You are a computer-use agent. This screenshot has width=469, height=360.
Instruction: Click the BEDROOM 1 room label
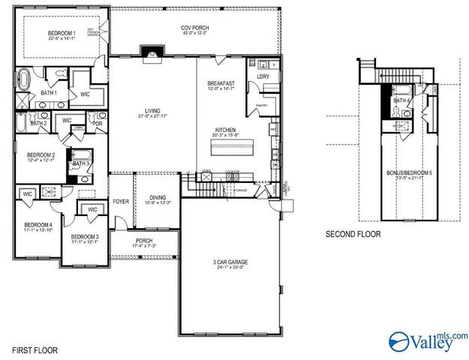click(62, 33)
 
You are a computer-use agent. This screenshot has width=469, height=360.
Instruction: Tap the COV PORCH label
click(192, 28)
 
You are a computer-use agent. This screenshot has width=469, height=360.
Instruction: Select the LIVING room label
click(151, 112)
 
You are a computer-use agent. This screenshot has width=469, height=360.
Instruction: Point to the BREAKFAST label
click(222, 83)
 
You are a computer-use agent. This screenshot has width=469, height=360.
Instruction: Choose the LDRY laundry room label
click(263, 76)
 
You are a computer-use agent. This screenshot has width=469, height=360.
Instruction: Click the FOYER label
click(121, 202)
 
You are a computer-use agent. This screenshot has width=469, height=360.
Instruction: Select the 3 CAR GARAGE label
click(230, 262)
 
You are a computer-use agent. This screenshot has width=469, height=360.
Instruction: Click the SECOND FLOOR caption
click(353, 235)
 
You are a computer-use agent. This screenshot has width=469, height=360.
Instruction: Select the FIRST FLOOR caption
click(33, 350)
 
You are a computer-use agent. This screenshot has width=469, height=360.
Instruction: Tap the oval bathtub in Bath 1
click(26, 77)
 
